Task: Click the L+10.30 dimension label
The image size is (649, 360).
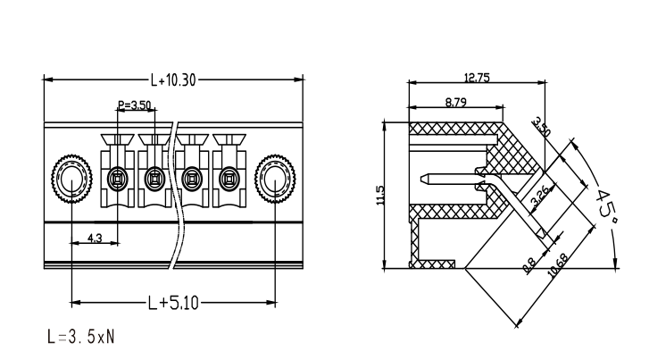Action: point(173,80)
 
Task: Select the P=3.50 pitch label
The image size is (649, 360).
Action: point(135,105)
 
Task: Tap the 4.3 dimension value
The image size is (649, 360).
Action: point(95,239)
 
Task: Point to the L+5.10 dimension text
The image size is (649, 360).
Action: point(173,303)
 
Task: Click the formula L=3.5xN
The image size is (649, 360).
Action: point(80,337)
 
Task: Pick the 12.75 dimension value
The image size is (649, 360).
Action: point(477,78)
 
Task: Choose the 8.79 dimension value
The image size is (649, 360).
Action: point(456,103)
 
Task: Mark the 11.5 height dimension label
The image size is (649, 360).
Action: point(380,195)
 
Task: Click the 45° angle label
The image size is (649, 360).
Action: point(606,205)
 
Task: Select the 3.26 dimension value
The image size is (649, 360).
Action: point(540,195)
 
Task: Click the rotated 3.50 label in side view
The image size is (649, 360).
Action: point(541,127)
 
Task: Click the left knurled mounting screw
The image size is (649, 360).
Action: point(72,179)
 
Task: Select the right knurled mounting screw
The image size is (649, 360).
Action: point(275,179)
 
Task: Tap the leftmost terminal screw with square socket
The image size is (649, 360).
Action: point(118,179)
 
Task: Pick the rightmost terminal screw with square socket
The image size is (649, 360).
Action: point(229,179)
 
